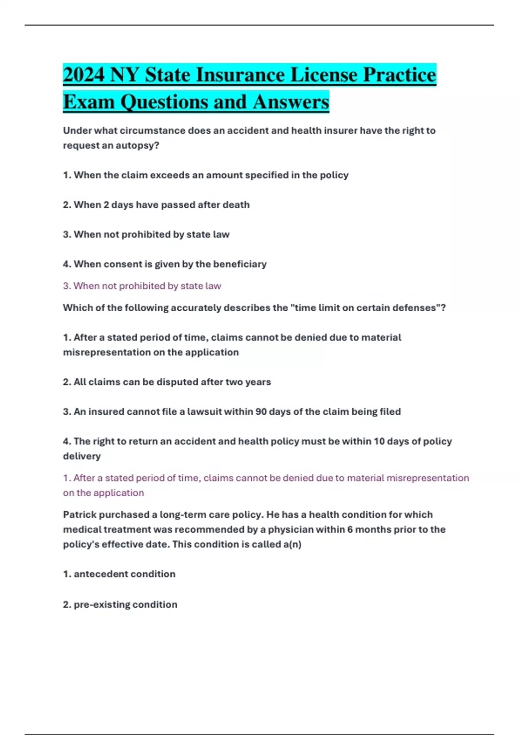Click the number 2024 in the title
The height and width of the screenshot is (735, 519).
click(x=84, y=75)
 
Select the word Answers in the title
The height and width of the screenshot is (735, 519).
click(x=291, y=102)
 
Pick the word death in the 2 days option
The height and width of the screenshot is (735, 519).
click(x=236, y=205)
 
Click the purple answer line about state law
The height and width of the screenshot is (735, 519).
click(x=142, y=286)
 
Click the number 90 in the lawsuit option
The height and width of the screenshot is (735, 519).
click(x=261, y=412)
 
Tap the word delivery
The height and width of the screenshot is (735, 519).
click(x=82, y=456)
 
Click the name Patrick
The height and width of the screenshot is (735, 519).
click(x=80, y=515)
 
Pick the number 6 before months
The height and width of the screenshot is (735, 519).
click(x=350, y=530)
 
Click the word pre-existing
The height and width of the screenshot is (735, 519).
click(x=102, y=604)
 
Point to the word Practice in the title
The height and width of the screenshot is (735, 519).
click(x=399, y=75)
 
